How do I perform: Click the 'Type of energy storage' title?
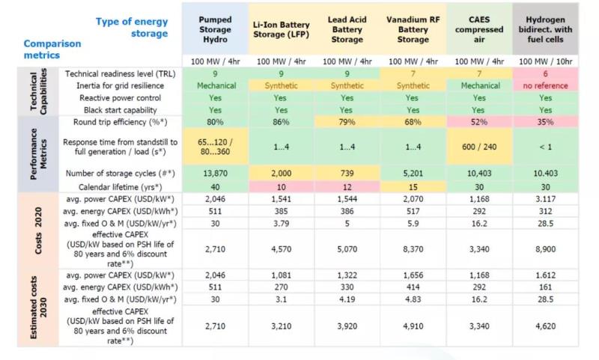pos(132,27)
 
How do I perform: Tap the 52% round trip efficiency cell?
pos(478,121)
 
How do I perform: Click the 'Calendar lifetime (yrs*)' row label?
pos(123,186)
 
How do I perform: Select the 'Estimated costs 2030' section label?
pos(38,305)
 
